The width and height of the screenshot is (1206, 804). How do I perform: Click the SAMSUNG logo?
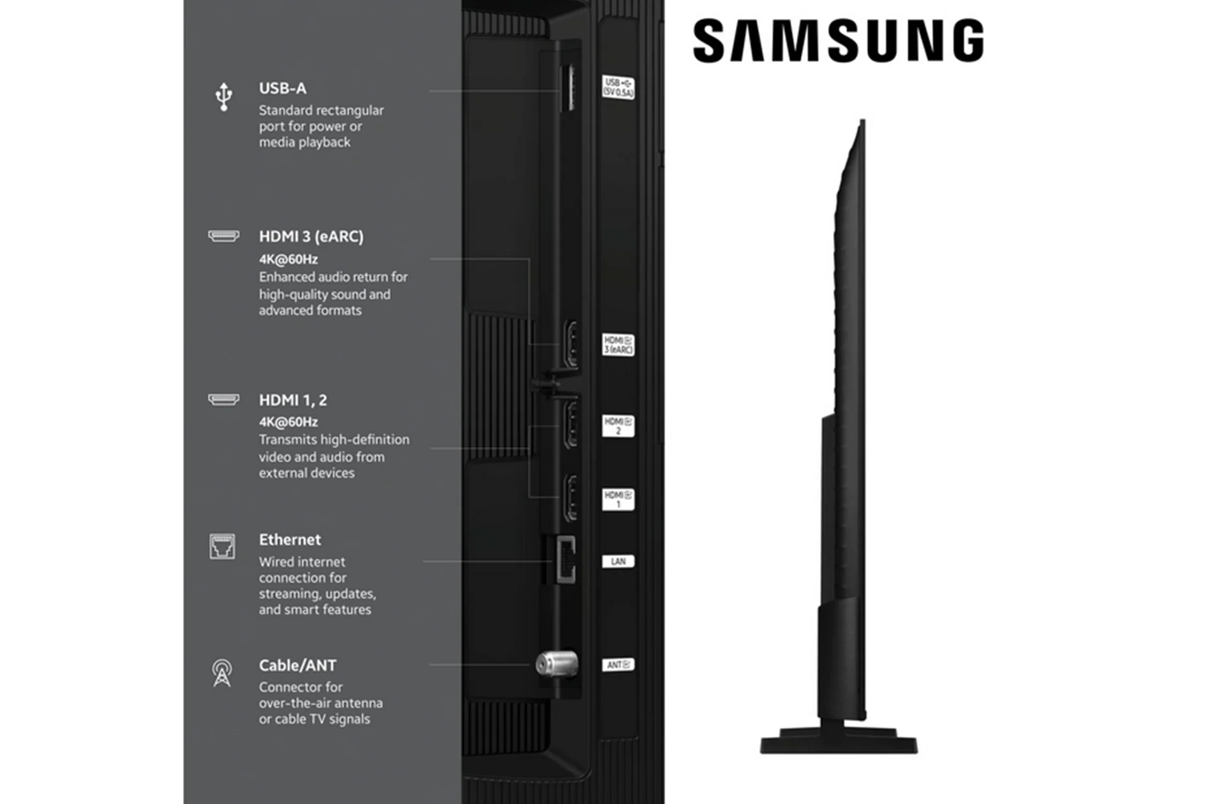tap(838, 41)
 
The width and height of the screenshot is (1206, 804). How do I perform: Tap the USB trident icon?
tap(224, 97)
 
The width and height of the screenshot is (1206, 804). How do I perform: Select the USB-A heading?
tap(282, 88)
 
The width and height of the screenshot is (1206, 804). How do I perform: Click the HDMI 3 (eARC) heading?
tap(311, 236)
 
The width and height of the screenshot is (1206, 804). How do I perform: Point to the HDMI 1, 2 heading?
tap(293, 400)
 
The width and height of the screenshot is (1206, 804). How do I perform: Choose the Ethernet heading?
tap(290, 540)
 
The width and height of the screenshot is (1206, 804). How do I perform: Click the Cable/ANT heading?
tap(297, 665)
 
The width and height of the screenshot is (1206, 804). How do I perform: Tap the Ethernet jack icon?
tap(222, 546)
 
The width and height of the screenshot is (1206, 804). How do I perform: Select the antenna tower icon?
tap(222, 673)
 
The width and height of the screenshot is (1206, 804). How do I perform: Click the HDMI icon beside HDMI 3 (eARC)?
tap(224, 236)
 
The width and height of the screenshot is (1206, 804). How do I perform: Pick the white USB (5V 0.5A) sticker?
tap(618, 87)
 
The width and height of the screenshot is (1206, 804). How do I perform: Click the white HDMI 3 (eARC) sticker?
tap(618, 345)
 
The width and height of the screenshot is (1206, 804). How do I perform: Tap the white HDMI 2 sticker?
tap(618, 426)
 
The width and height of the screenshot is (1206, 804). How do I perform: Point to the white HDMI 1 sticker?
tap(618, 499)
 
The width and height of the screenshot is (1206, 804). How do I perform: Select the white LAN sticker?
tap(618, 561)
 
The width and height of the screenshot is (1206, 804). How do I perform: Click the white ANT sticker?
tap(618, 665)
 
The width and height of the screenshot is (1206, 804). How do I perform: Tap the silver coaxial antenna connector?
tap(557, 664)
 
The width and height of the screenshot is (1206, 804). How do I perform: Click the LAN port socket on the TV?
tap(565, 559)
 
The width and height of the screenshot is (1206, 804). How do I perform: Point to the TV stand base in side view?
tap(839, 741)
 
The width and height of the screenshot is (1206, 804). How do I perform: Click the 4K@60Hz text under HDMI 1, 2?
tap(288, 422)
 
